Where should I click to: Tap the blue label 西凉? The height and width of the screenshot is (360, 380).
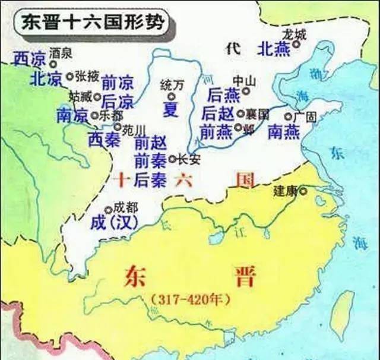point(28,58)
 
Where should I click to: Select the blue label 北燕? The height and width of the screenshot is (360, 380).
point(274,50)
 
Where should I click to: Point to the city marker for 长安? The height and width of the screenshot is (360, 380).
point(173,159)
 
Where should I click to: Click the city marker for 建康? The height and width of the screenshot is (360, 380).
point(304,191)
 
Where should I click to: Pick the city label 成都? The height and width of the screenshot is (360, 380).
point(125,209)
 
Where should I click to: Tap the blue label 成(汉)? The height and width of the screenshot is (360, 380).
point(115,222)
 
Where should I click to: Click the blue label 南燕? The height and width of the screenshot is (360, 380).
point(284,132)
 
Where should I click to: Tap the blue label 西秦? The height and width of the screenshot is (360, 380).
point(104,139)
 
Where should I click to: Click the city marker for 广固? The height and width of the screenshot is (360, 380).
point(288,117)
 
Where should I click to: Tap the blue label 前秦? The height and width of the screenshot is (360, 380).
point(150,159)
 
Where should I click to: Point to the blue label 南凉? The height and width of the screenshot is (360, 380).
point(72,115)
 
